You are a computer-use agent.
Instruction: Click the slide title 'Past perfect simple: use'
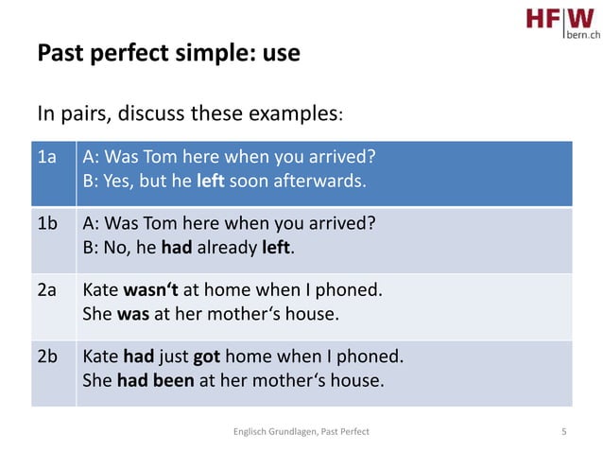pos(168,53)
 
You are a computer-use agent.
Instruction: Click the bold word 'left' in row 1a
pos(209,181)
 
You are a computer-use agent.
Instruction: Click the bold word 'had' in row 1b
pos(177,249)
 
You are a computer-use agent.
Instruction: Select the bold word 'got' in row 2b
pos(208,357)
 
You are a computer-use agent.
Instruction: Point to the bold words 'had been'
pos(155,382)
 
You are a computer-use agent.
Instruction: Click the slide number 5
pos(564,431)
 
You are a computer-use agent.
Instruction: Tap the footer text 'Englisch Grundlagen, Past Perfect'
pos(301,431)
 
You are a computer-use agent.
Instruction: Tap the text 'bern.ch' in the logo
pos(582,34)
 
